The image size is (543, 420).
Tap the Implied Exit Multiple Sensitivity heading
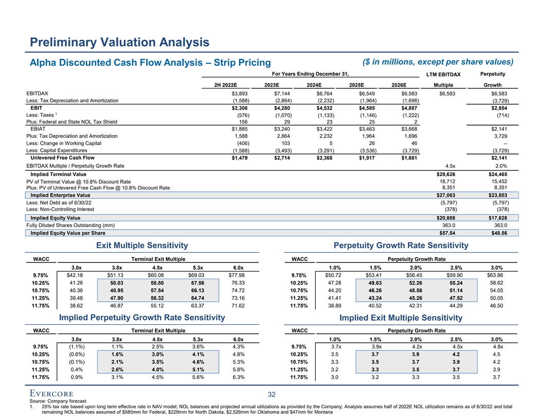click(x=401, y=319)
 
